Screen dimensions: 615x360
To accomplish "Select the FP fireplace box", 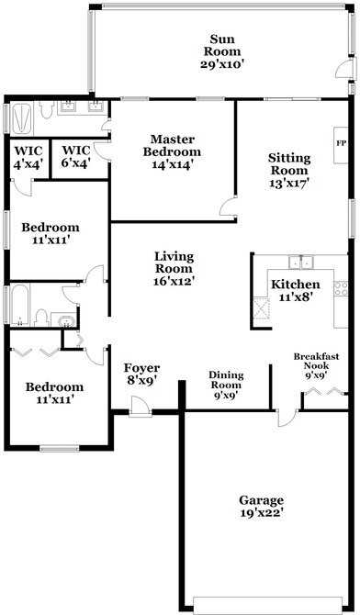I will (x=341, y=144).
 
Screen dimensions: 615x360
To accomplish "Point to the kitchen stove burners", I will (x=341, y=289).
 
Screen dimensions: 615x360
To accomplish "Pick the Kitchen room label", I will (x=295, y=285).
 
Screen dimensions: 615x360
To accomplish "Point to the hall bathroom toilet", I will (x=39, y=318).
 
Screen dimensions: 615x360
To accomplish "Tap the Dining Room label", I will (x=225, y=379).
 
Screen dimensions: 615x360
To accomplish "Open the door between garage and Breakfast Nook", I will (x=288, y=419).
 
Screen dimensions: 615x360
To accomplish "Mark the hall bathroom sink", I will (x=62, y=320).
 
